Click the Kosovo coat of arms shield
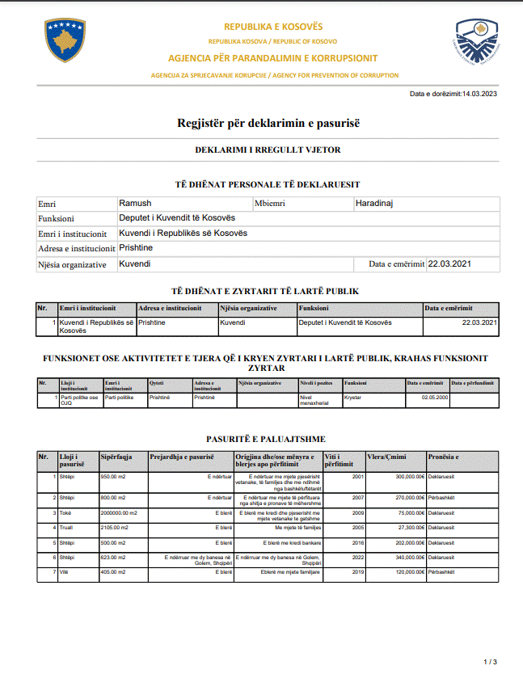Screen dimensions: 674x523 point(65,41)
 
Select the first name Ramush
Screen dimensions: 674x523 point(135,204)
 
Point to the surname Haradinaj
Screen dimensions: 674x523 point(374,204)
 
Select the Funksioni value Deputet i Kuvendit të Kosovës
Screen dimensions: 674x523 point(176,218)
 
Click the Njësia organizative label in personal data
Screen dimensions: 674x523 point(73,264)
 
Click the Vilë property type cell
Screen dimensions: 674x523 point(66,572)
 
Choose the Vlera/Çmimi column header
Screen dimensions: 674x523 point(387,457)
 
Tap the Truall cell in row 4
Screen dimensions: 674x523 point(68,527)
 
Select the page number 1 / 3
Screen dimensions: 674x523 point(490,662)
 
